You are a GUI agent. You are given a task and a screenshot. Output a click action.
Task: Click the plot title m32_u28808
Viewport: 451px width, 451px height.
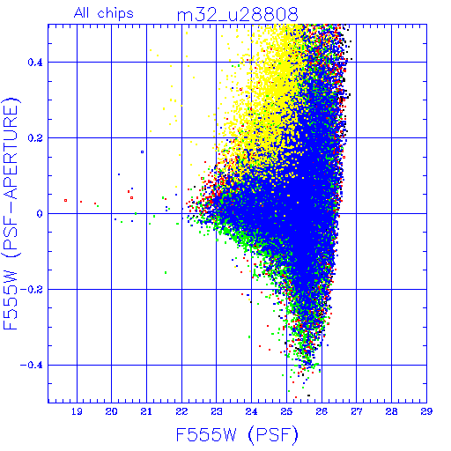237,15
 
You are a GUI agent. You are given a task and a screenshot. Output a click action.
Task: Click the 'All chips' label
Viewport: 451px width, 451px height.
104,13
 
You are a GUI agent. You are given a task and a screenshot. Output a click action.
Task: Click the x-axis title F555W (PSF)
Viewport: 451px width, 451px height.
237,435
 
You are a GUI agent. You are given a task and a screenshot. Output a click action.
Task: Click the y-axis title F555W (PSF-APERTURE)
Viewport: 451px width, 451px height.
11,213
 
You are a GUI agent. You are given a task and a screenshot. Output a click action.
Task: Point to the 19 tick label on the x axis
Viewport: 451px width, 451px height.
77,411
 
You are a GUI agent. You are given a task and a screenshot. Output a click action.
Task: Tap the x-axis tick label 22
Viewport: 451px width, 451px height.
181,411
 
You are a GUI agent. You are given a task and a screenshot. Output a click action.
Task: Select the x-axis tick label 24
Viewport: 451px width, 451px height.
252,411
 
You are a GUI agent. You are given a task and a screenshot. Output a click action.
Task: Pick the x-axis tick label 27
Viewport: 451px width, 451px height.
357,411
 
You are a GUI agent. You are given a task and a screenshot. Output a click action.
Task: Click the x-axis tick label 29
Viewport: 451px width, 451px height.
426,411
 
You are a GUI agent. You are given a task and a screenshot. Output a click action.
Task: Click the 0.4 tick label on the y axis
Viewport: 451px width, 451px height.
35,63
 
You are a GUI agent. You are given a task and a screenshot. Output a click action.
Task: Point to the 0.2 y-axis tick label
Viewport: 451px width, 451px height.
35,138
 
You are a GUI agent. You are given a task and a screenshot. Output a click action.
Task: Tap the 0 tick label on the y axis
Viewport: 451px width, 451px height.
40,214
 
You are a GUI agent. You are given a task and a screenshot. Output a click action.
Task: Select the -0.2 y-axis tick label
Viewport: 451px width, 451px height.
32,290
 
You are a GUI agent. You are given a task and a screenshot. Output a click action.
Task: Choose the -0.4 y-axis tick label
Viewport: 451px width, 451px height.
32,366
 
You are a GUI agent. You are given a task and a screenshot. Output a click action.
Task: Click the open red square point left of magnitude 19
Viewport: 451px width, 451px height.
65,201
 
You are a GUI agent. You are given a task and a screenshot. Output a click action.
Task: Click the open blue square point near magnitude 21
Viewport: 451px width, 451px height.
143,152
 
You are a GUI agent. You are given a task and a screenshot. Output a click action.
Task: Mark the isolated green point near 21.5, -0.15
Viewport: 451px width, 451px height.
166,272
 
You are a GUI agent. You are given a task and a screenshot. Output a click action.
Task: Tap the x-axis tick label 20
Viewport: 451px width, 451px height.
111,411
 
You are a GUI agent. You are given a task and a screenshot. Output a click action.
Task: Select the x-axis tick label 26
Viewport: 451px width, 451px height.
322,411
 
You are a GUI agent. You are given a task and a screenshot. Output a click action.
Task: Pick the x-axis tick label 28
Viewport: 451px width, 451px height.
391,411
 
